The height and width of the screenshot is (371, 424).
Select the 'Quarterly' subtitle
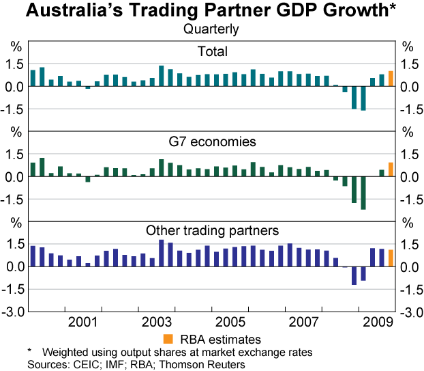coord(211,29)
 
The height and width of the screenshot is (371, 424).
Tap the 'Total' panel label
coord(212,51)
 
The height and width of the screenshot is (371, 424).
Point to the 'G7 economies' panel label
coord(212,141)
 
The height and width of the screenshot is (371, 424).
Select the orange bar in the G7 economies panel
coord(391,169)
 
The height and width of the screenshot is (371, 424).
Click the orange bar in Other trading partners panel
coord(391,258)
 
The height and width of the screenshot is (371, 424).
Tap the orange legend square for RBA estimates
coord(168,339)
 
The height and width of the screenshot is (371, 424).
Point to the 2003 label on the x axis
coord(156,322)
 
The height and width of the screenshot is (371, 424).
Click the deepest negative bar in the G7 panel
coord(363,193)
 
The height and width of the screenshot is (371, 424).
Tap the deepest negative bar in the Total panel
coord(363,98)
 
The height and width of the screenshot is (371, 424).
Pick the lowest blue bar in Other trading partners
coord(354,275)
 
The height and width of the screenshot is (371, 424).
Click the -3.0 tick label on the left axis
coord(16,312)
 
